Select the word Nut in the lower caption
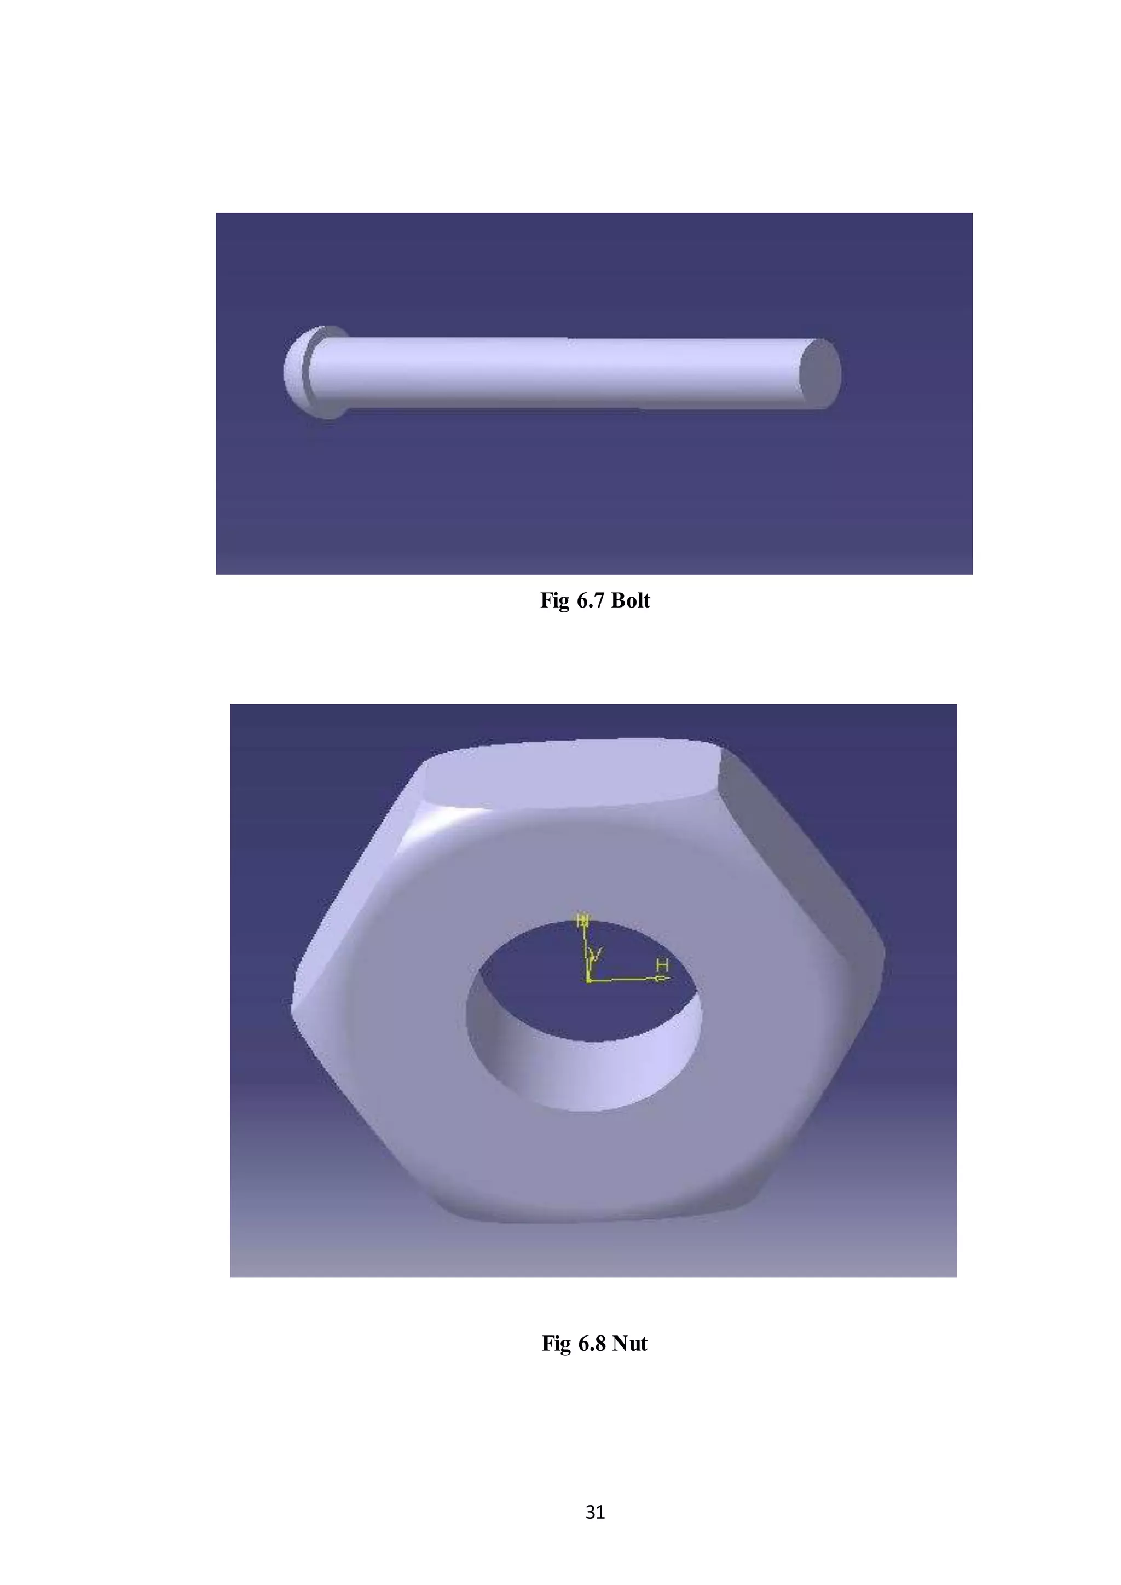point(629,1344)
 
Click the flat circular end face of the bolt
point(819,373)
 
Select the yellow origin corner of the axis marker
point(587,980)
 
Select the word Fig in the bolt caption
point(553,600)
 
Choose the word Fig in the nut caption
point(556,1344)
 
